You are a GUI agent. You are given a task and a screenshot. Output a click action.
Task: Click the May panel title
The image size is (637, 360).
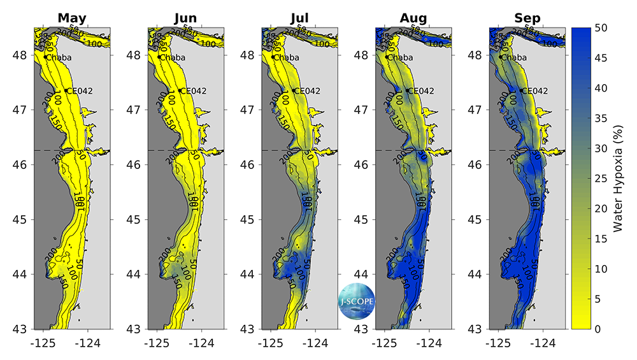coord(72,18)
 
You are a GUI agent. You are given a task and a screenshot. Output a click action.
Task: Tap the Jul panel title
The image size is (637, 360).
coord(299,18)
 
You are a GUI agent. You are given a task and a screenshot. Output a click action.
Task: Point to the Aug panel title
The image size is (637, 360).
coord(413,18)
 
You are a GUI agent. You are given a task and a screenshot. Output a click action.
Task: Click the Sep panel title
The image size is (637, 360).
coord(527,18)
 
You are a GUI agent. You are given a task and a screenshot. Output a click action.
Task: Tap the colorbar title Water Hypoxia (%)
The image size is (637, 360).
coord(617,178)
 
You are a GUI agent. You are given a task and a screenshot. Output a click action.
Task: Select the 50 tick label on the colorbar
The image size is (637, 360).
coord(600,27)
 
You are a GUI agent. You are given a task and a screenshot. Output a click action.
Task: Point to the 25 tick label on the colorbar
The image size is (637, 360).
coord(600,178)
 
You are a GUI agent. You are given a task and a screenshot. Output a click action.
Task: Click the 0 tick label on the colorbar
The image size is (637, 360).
coord(597,329)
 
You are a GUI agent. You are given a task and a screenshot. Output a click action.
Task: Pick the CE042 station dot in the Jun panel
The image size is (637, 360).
coord(180,90)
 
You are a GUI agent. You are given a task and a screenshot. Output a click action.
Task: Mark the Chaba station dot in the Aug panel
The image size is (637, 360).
coord(387,57)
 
